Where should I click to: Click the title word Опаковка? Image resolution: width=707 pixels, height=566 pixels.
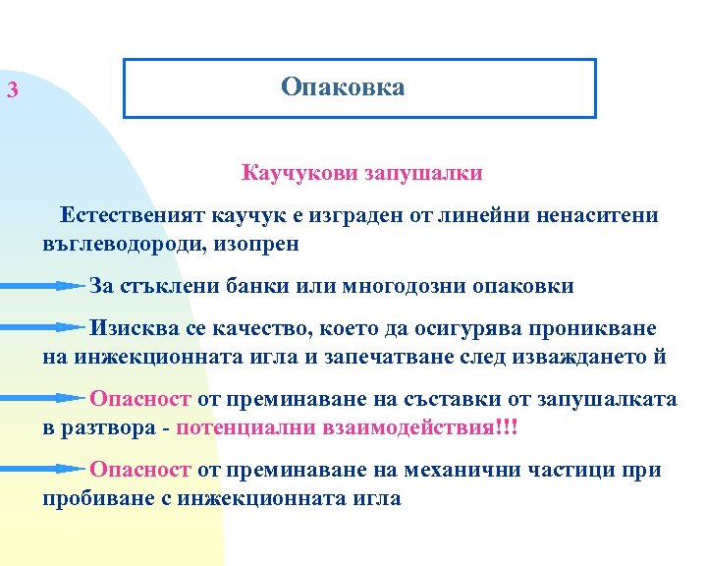pyautogui.click(x=342, y=87)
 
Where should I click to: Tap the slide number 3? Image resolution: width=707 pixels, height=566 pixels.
pyautogui.click(x=12, y=92)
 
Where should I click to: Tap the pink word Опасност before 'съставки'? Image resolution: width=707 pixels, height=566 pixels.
pyautogui.click(x=140, y=400)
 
